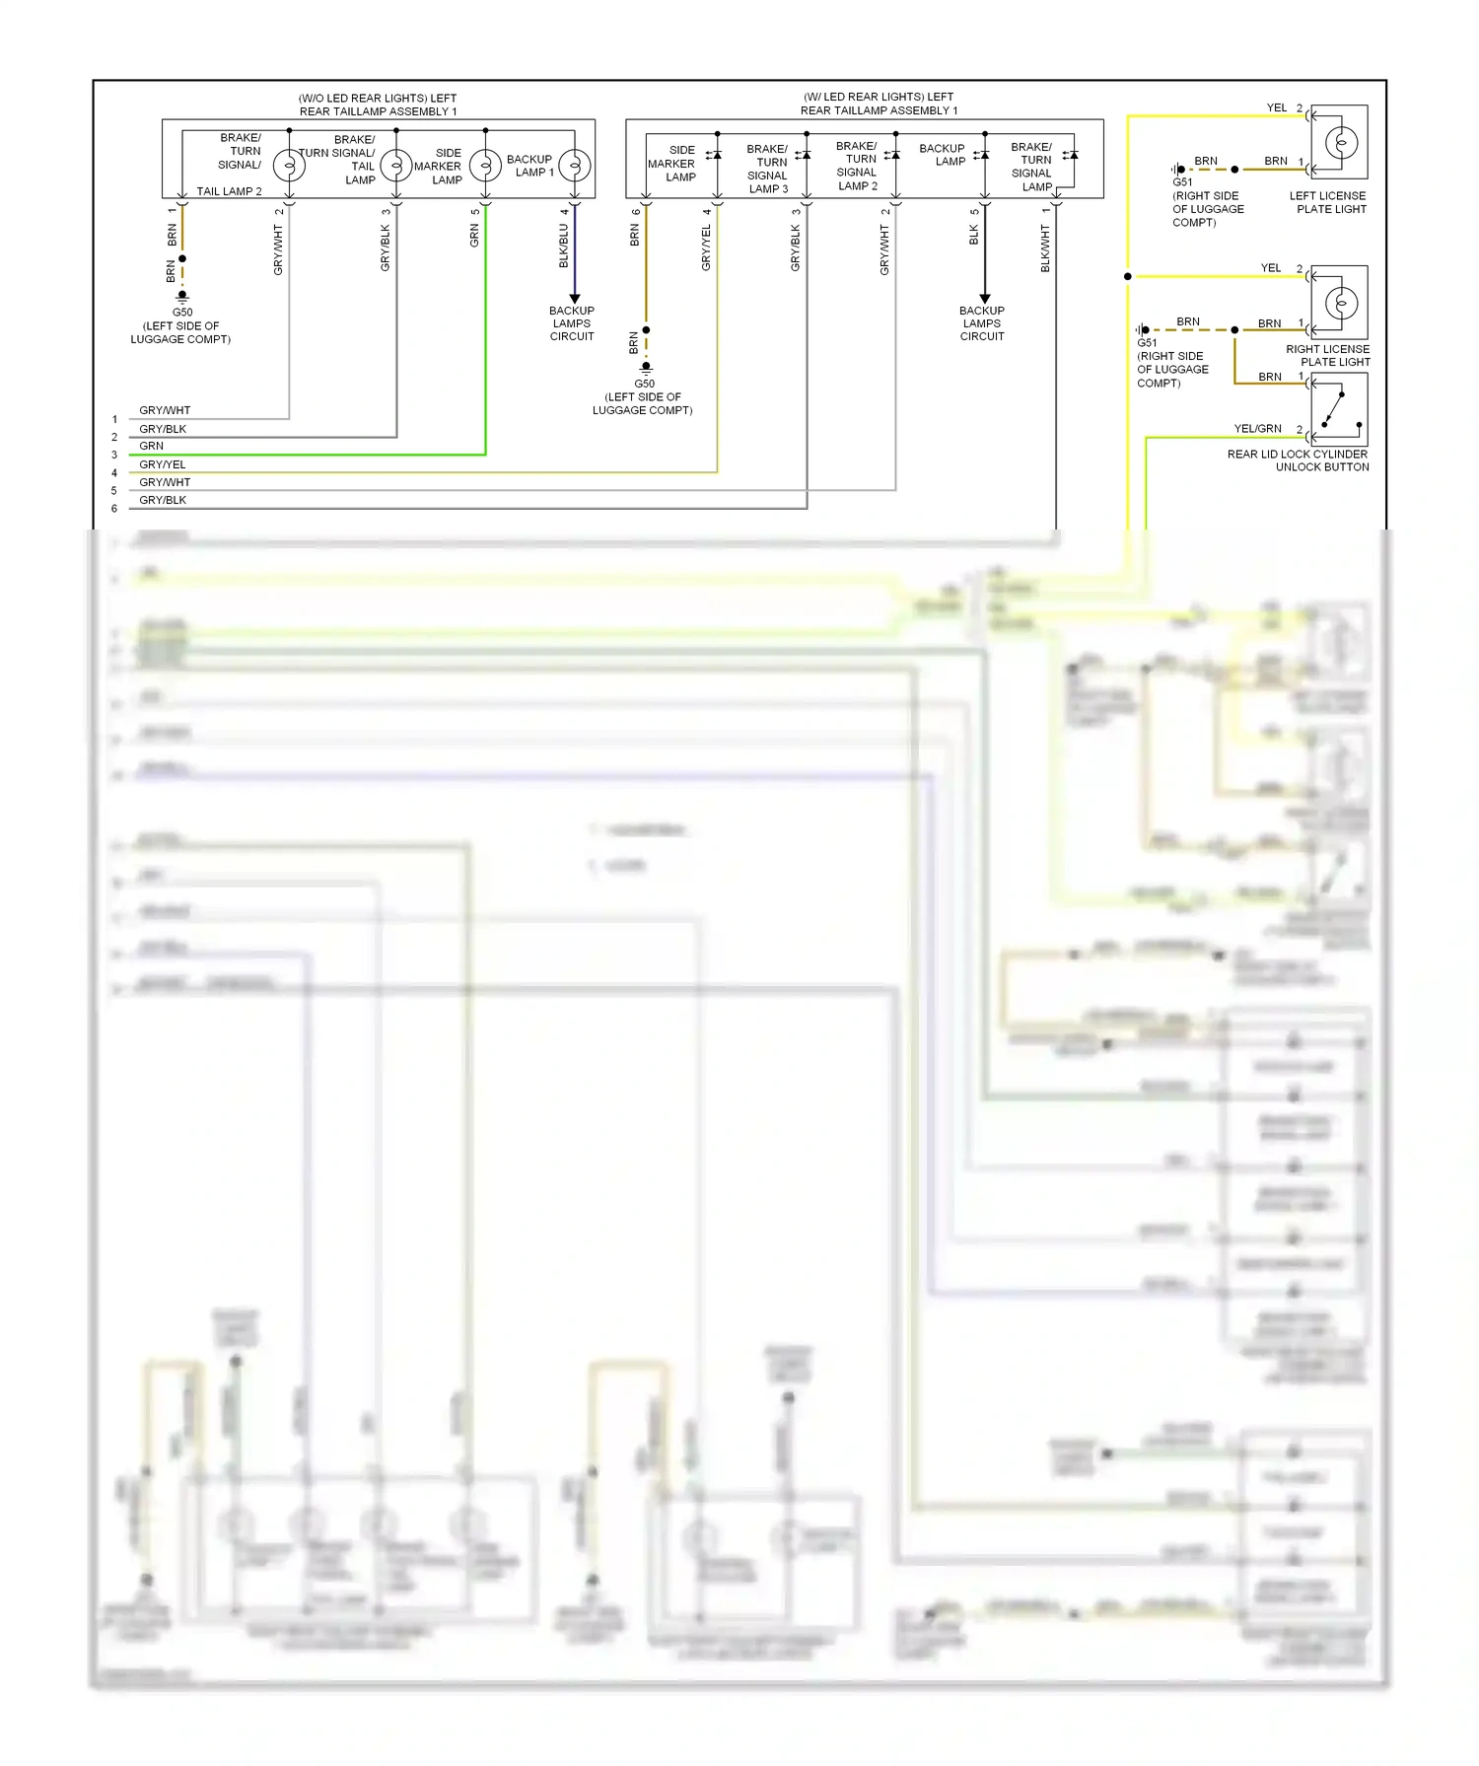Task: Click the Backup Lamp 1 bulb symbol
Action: tap(575, 165)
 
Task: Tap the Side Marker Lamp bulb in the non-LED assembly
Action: tap(485, 165)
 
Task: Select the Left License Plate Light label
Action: tap(1327, 202)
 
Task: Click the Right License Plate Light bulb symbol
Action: tap(1341, 303)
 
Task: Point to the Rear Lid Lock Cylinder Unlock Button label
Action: tap(1298, 460)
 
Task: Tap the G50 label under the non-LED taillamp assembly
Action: tap(182, 313)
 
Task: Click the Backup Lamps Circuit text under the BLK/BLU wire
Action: tap(572, 323)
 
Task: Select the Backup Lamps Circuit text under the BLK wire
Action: tap(982, 323)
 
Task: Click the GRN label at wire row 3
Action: tap(152, 446)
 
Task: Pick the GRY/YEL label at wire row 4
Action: tap(163, 464)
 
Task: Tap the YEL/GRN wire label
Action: tap(1257, 429)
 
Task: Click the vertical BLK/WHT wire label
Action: tap(1045, 248)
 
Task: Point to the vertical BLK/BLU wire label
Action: tap(564, 246)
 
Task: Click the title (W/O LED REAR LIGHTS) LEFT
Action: tap(378, 99)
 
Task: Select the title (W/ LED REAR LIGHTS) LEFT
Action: tap(879, 97)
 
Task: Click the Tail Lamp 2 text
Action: tap(229, 191)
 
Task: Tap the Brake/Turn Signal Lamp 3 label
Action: tap(768, 169)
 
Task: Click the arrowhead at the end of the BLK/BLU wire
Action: tap(575, 299)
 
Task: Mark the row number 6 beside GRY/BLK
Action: tap(114, 509)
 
